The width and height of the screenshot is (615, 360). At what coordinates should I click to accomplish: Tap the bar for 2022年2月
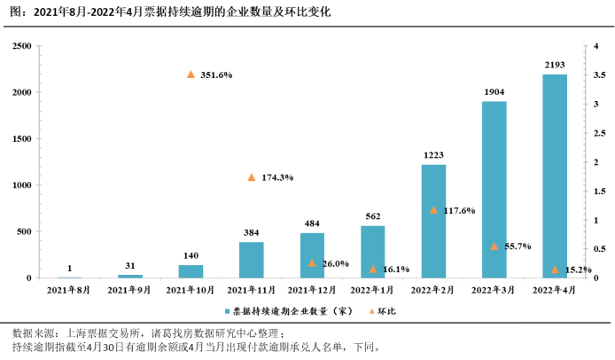433,221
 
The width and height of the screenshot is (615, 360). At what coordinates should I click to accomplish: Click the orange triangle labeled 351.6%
191,74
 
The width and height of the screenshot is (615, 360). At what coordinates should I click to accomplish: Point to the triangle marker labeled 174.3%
252,177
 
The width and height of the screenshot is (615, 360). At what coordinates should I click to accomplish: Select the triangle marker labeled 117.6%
433,210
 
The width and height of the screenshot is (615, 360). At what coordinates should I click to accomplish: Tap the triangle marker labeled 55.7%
494,246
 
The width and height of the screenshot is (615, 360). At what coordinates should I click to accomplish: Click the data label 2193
555,65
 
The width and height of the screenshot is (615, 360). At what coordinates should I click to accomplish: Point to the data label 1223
433,155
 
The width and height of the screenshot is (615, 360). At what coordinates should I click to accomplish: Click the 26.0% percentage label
334,263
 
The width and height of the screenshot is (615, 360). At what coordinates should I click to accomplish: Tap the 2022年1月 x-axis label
372,290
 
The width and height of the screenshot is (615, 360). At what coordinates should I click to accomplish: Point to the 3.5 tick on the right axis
597,75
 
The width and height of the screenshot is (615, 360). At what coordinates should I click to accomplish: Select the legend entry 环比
386,311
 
